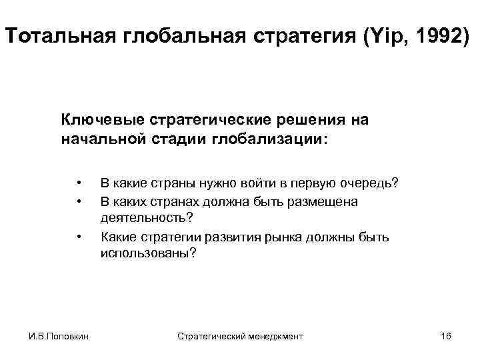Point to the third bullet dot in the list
79,236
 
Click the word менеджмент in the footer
275,336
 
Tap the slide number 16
446,336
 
